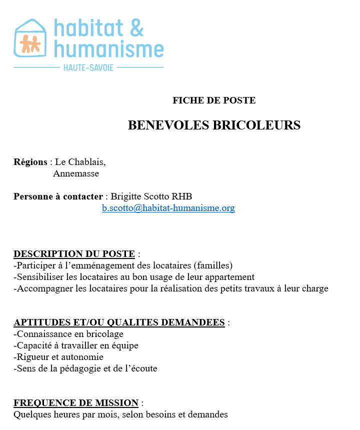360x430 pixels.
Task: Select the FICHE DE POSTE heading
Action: tap(214, 100)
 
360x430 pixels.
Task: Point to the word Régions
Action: tap(30, 162)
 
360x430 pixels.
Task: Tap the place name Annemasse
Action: tap(76, 173)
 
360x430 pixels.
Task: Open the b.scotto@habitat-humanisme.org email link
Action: tap(168, 208)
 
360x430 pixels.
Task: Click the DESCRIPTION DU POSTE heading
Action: tap(74, 254)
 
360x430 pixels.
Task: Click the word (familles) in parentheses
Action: tap(214, 265)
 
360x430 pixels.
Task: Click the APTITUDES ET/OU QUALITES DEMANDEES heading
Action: tap(119, 322)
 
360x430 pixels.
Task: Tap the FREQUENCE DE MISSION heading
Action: tap(76, 403)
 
